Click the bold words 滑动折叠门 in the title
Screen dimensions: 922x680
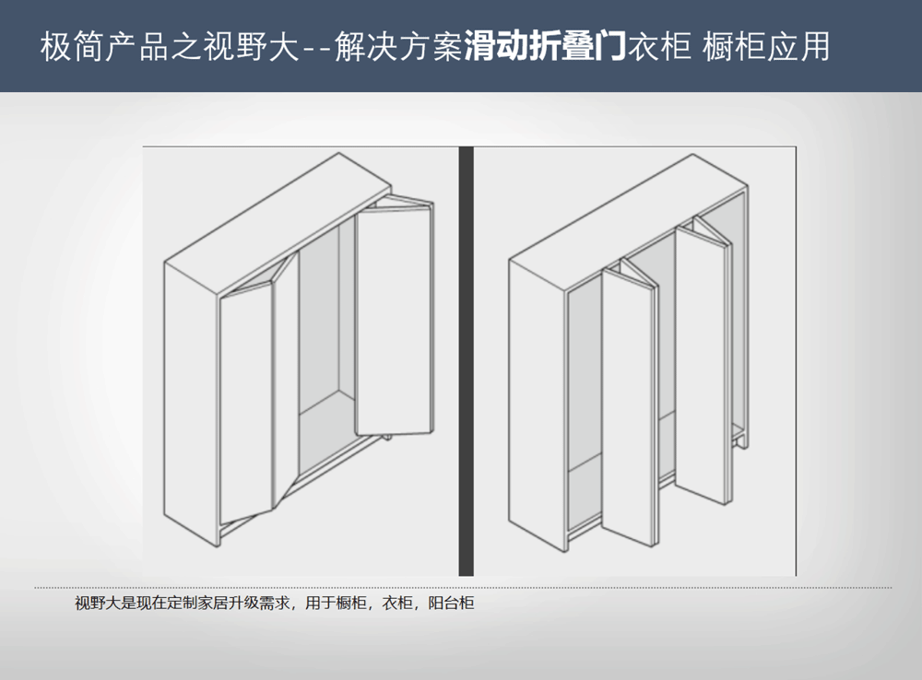(x=545, y=46)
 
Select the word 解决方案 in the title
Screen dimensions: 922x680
(x=399, y=46)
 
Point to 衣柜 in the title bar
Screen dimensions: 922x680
(x=658, y=46)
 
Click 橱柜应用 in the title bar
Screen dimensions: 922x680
(x=765, y=46)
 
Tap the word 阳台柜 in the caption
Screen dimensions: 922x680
(x=451, y=603)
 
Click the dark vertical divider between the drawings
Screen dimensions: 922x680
(x=466, y=361)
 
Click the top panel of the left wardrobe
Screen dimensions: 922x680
(x=278, y=223)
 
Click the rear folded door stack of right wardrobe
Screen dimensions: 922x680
(x=703, y=361)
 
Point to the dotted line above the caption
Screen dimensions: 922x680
(x=463, y=587)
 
